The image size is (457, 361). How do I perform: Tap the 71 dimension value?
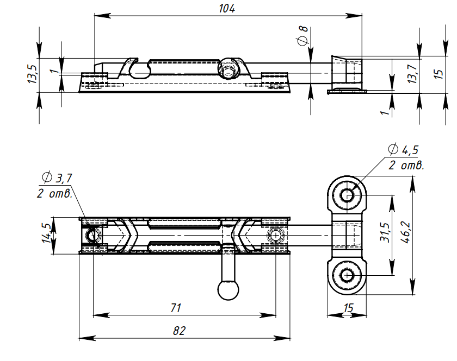[175, 308]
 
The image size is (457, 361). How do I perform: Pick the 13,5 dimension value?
[32, 74]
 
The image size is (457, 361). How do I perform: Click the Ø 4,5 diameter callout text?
[403, 150]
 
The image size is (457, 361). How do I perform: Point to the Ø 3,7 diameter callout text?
[57, 177]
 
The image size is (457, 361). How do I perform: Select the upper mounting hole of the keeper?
[347, 195]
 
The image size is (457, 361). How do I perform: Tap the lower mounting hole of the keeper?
[347, 275]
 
